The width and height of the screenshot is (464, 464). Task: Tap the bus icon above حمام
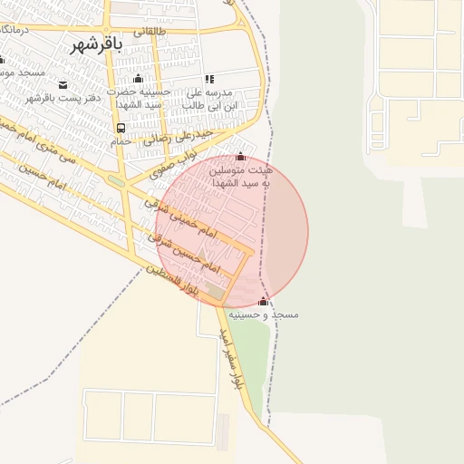(x=121, y=128)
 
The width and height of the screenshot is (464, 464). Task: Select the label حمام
(x=121, y=142)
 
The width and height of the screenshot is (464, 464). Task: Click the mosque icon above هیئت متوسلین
(x=240, y=158)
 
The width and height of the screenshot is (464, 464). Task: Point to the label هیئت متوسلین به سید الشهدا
(x=239, y=177)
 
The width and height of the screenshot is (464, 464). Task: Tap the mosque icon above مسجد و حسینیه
(x=264, y=301)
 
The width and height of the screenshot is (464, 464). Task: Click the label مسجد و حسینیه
(x=263, y=314)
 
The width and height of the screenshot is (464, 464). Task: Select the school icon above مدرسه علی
(x=210, y=79)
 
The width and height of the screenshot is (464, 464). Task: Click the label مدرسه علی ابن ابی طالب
(x=210, y=99)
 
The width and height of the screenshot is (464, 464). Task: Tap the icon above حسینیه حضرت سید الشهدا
(x=138, y=78)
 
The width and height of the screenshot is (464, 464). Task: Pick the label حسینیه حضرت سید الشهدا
(x=139, y=99)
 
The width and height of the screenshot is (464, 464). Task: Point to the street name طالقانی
(x=150, y=30)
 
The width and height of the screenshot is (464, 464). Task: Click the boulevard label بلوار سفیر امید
(x=230, y=359)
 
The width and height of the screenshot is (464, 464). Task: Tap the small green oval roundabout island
(x=116, y=179)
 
